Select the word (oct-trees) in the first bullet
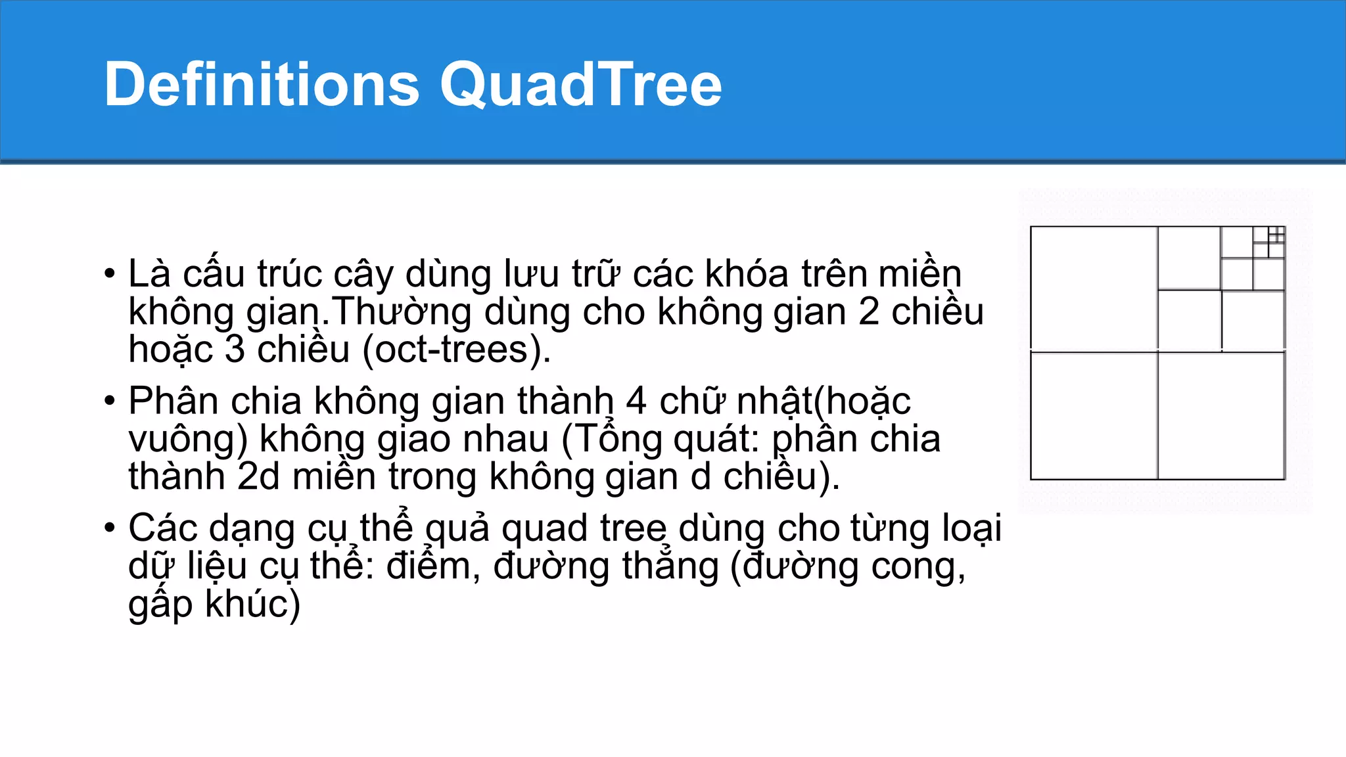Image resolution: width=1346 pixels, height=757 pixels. (457, 350)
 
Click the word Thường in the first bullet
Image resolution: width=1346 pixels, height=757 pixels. (402, 311)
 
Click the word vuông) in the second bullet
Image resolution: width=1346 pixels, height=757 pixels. (188, 439)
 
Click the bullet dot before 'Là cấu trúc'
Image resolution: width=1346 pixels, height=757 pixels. (110, 274)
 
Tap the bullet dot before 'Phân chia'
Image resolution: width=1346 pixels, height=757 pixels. (110, 401)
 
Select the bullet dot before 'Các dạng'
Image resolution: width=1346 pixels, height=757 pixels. (110, 528)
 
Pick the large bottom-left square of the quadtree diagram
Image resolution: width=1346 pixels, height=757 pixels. (1094, 416)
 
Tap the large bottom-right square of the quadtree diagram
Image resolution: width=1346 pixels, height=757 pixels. (1221, 416)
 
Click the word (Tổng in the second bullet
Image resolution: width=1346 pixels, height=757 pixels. (612, 439)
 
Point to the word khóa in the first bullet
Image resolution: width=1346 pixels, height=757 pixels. (746, 274)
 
